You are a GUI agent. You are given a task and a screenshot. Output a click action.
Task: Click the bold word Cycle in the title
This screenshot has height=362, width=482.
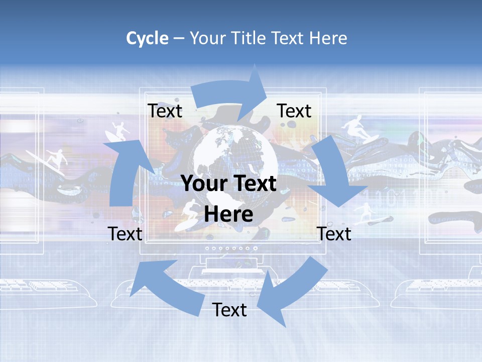tap(147, 38)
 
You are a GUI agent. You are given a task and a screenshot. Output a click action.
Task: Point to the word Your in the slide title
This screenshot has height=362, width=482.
tap(207, 38)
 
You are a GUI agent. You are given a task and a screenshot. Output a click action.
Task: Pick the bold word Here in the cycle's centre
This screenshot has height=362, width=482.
tap(228, 215)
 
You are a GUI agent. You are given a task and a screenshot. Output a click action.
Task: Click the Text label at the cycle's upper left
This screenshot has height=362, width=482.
tap(165, 111)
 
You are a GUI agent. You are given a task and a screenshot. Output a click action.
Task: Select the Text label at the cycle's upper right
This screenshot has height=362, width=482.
tap(294, 111)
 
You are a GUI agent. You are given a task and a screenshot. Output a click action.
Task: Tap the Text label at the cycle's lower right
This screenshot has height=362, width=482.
tap(334, 234)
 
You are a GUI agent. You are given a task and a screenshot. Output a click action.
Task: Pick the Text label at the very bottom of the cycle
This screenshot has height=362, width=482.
tap(229, 310)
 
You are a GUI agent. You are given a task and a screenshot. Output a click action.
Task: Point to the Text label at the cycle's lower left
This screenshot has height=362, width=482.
tap(125, 234)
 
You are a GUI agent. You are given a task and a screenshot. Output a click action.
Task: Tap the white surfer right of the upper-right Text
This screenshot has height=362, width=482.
tap(355, 128)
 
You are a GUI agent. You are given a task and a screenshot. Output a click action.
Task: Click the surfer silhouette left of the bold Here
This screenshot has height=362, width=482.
tap(188, 214)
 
